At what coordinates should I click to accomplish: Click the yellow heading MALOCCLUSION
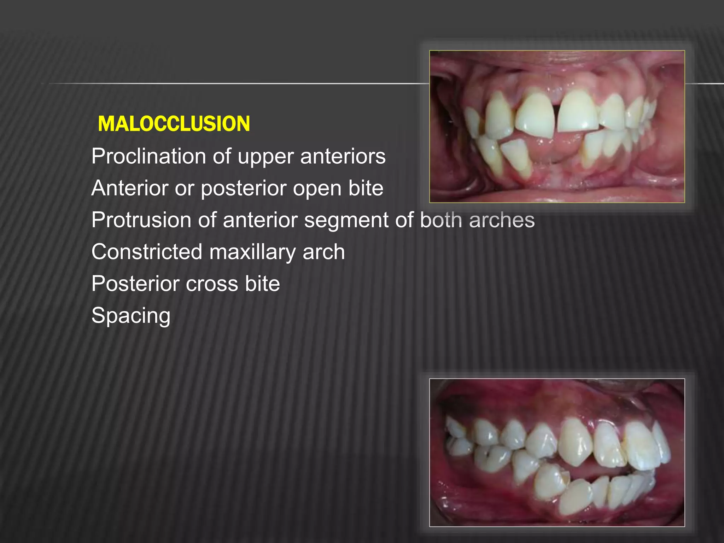click(174, 124)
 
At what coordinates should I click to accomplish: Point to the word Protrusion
click(141, 220)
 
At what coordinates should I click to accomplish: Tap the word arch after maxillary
click(323, 252)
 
